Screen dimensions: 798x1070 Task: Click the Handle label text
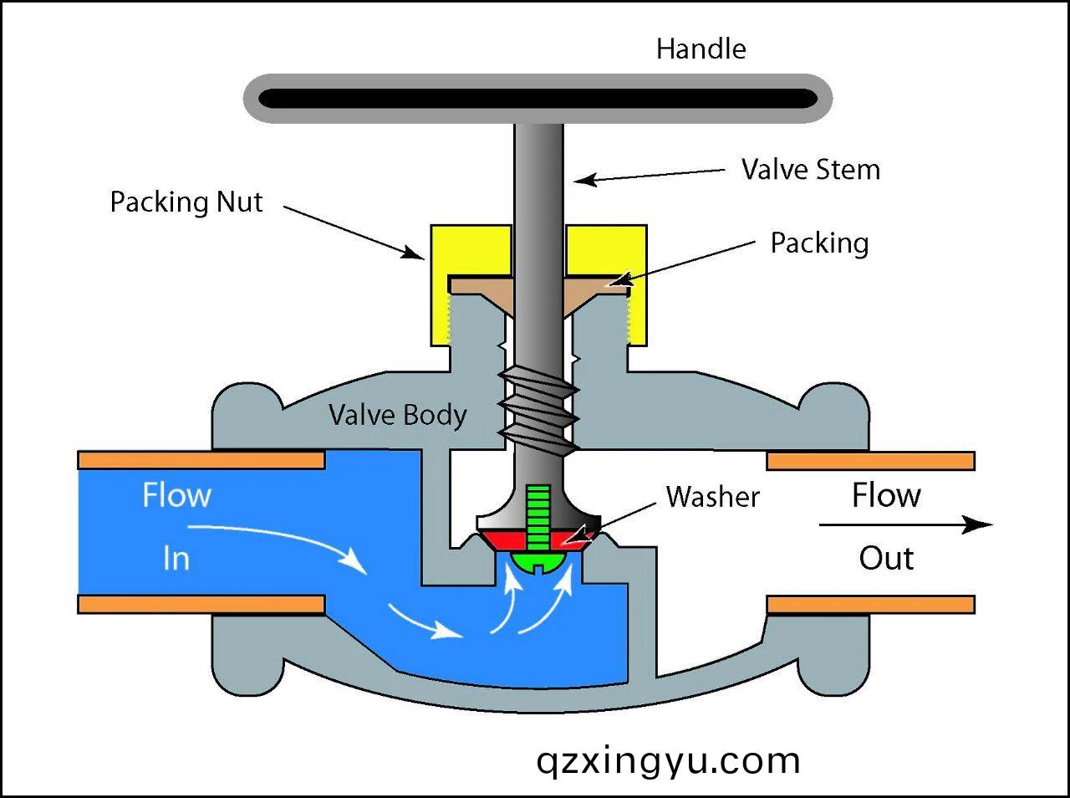point(701,49)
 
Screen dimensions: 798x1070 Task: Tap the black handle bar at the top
point(538,99)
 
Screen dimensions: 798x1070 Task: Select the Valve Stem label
point(810,170)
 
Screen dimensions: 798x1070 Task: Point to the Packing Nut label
point(186,202)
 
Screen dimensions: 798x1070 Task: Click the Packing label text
point(819,243)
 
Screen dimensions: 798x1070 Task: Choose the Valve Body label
point(397,415)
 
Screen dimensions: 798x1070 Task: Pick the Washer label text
point(713,497)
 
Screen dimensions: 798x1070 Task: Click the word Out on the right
point(886,559)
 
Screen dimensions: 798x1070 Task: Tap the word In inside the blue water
point(176,558)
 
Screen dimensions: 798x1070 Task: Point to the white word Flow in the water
point(176,496)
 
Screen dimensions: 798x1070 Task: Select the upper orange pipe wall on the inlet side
point(201,460)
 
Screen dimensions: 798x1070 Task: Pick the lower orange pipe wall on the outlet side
point(870,604)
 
